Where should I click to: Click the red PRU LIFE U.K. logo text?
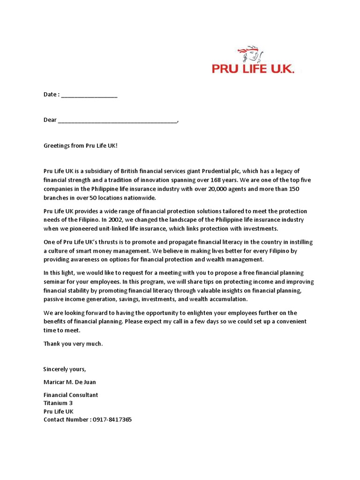[x=253, y=69]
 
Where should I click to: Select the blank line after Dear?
[x=118, y=120]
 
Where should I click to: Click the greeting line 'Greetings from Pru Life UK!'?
[x=81, y=146]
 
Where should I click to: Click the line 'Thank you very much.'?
[x=73, y=344]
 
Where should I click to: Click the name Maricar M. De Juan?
[x=69, y=382]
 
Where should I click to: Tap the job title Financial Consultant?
[x=71, y=395]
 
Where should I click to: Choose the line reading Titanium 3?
[x=58, y=403]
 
